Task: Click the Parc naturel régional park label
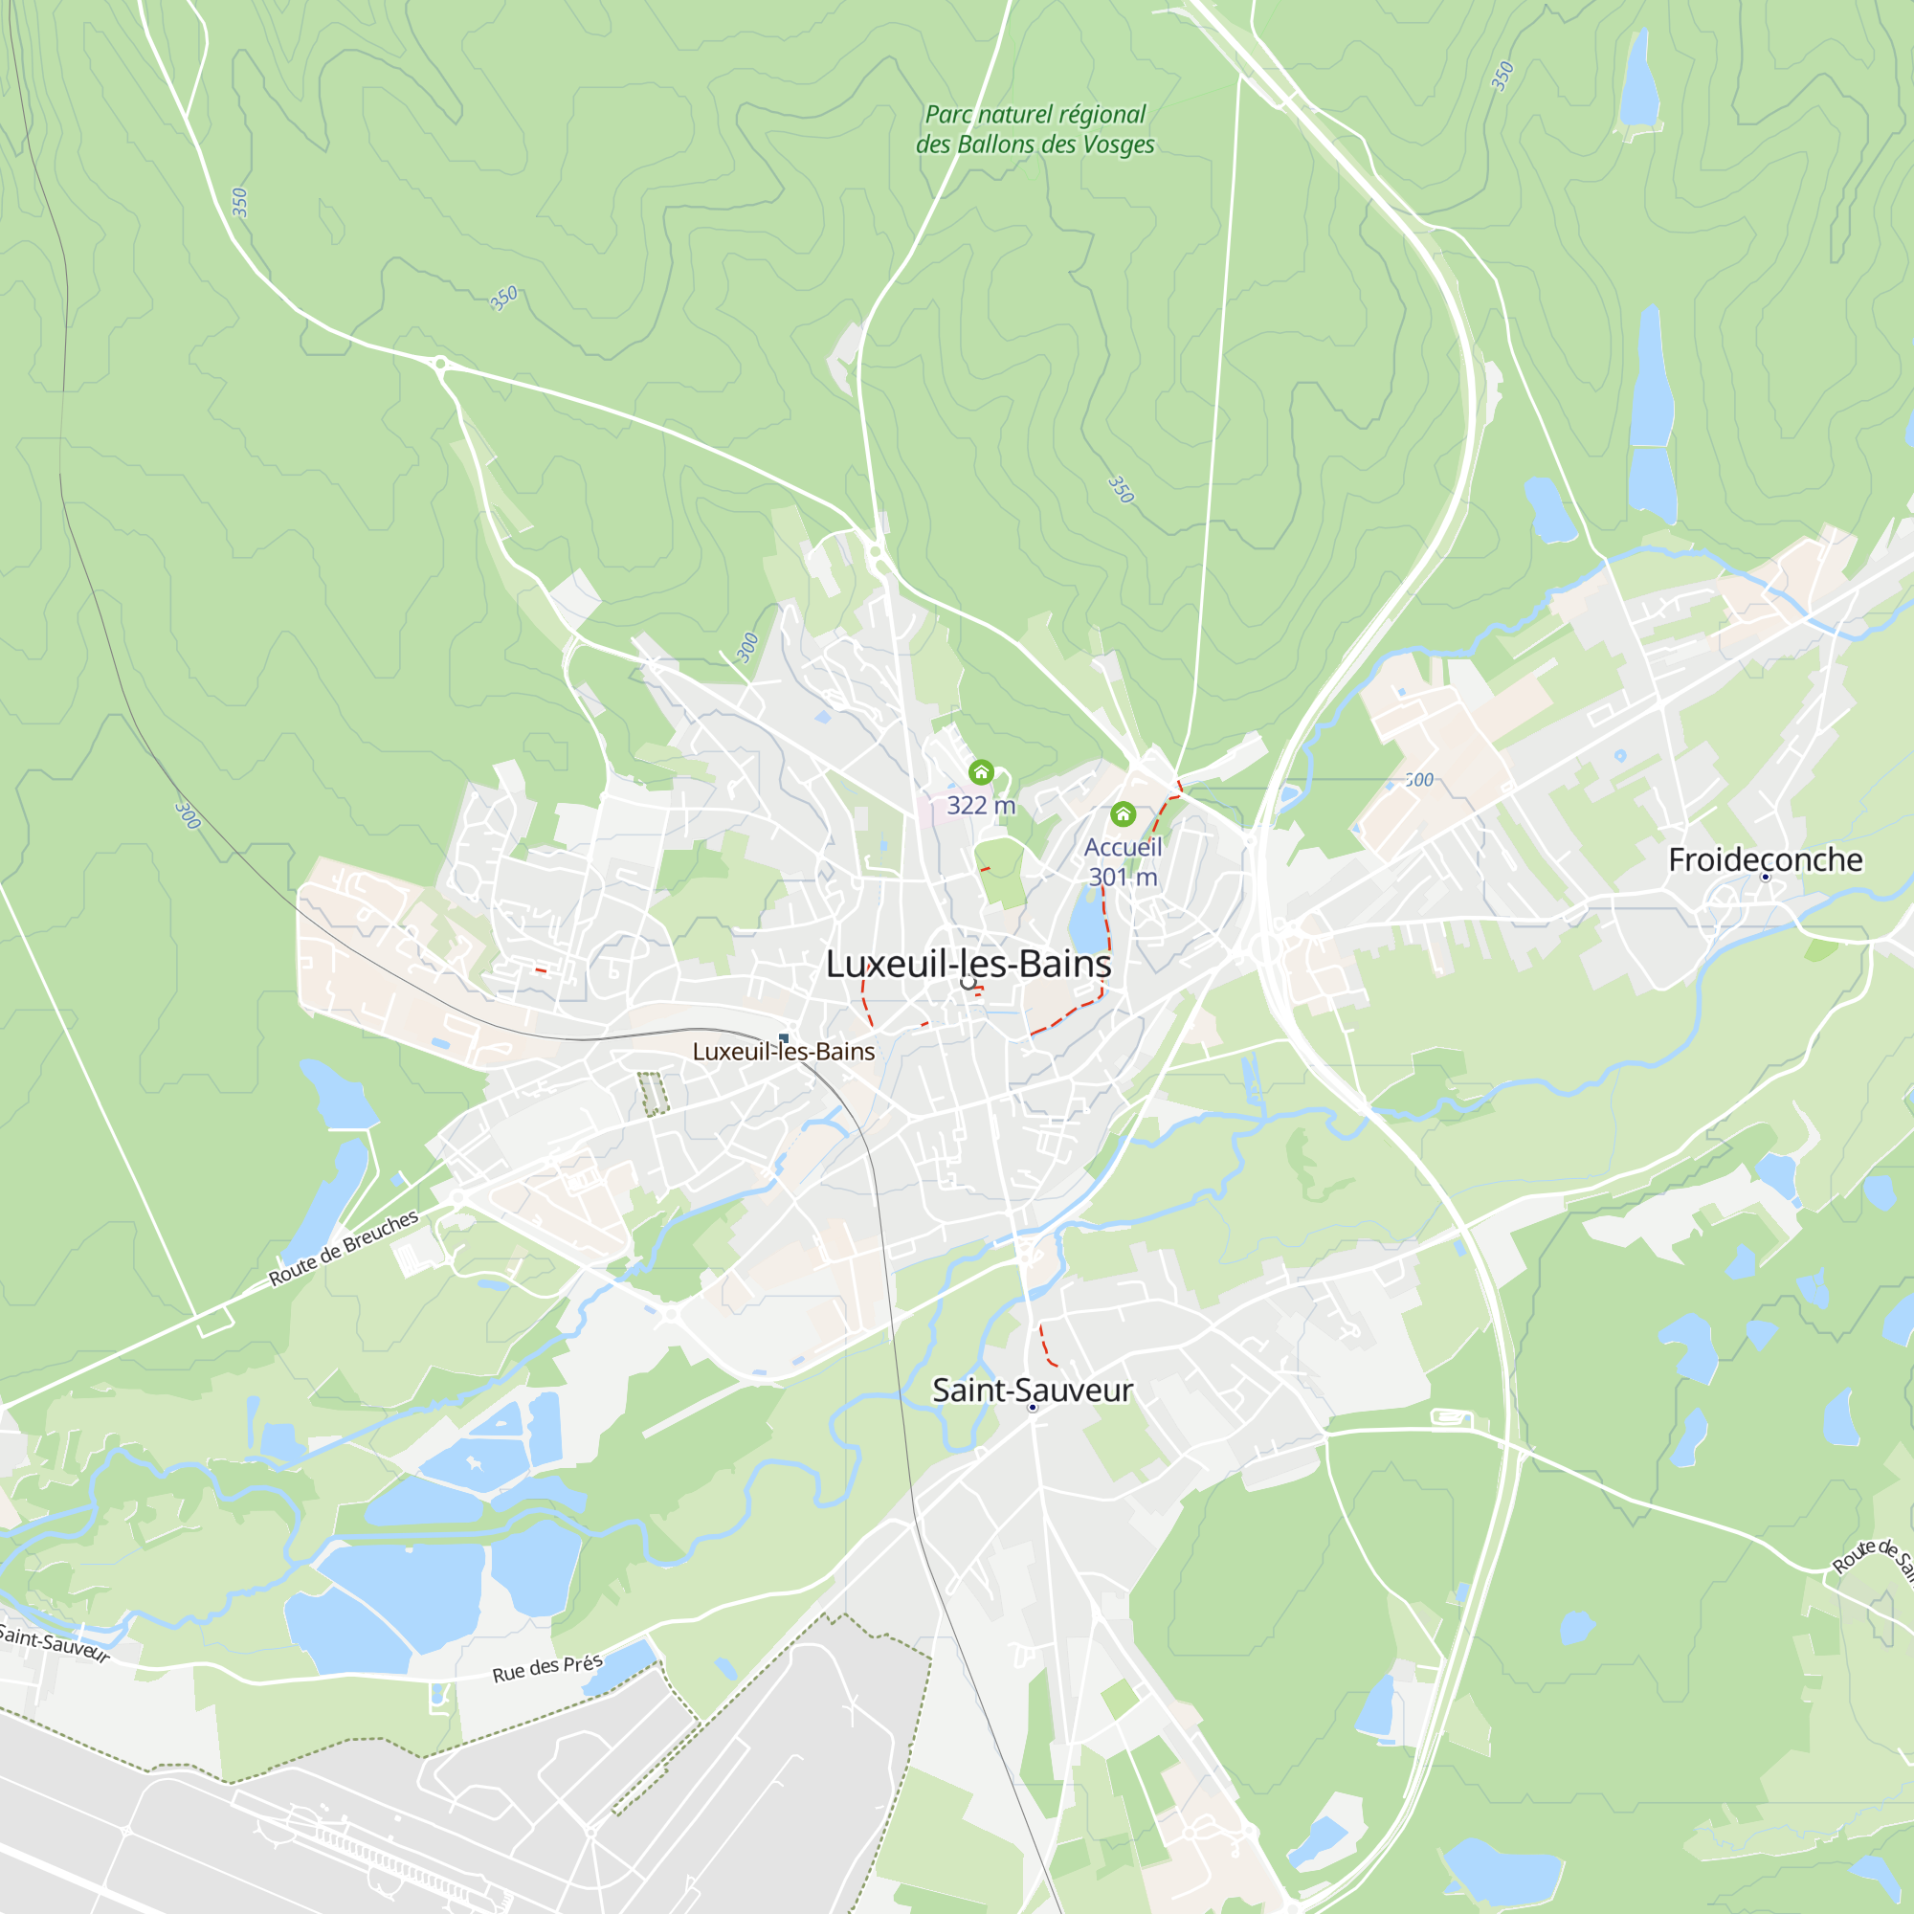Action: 1035,115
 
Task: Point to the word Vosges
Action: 1119,145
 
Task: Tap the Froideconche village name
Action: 1765,860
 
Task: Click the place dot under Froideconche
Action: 1765,878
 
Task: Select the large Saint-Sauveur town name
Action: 1032,1390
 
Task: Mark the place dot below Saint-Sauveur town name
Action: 1033,1408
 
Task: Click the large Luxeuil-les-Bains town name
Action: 968,964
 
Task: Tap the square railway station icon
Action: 784,1038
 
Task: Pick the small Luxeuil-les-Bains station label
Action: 783,1052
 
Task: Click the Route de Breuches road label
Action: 344,1248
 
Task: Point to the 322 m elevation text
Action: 981,806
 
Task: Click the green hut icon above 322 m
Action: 981,772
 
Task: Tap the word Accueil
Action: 1123,847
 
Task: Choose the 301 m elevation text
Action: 1123,877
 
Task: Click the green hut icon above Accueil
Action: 1123,814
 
